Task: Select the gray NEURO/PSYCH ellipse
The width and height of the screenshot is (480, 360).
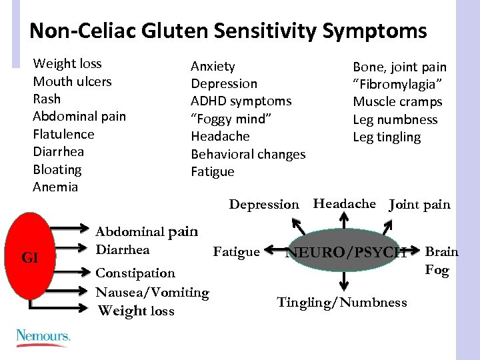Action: tap(346, 252)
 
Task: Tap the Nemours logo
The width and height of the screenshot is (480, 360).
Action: tap(43, 336)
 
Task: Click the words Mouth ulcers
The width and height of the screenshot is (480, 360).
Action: tap(72, 81)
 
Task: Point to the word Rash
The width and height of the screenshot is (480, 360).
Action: tap(47, 99)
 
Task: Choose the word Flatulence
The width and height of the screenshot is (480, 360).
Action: tap(63, 134)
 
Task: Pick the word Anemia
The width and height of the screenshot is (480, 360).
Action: tap(55, 187)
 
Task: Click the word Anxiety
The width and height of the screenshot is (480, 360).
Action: tap(213, 66)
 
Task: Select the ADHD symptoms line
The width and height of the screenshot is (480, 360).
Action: tap(241, 101)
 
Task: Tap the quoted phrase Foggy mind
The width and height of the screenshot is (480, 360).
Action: tap(231, 119)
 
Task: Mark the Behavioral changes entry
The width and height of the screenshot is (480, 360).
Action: tap(248, 154)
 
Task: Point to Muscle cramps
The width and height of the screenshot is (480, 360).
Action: tap(397, 102)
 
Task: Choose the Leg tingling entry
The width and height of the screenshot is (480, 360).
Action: tap(387, 137)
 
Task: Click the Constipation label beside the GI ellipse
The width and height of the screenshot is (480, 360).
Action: tap(135, 273)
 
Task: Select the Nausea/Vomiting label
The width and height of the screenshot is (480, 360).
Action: tap(152, 292)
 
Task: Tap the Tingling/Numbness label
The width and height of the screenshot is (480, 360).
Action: tap(341, 303)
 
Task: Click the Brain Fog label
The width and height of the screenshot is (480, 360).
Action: tap(441, 261)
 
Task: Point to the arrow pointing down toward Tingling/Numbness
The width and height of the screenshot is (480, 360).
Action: tap(342, 281)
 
